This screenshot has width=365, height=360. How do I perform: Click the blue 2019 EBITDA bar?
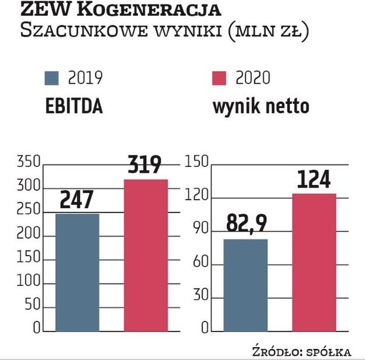77,272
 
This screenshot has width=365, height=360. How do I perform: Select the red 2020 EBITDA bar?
146,255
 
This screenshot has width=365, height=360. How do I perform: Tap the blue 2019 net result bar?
246,285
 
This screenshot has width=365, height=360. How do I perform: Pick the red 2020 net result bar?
314,262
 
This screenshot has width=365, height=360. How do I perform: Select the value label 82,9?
246,224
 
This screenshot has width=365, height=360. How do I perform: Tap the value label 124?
314,180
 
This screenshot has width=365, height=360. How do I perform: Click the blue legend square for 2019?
52,78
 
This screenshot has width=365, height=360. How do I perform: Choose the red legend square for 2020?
219,78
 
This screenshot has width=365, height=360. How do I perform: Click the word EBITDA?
74,107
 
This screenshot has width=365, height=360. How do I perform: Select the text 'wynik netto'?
261,107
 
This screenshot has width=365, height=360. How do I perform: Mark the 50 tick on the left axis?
32,307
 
